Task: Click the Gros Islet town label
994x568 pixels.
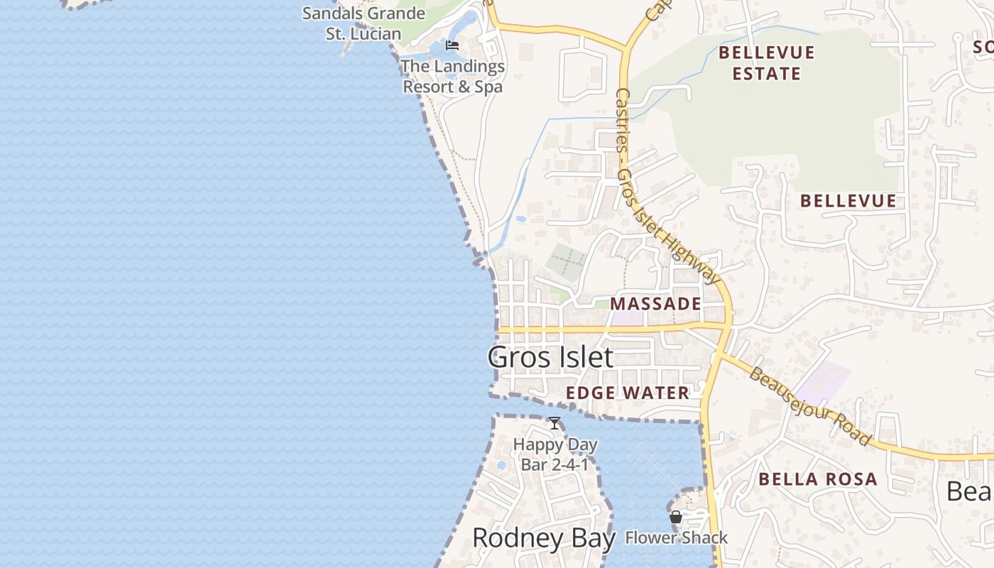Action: [550, 357]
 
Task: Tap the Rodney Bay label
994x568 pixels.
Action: [543, 538]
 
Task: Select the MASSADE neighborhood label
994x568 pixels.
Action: [655, 304]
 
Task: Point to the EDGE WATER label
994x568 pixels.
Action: [628, 393]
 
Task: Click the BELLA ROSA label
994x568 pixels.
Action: [818, 479]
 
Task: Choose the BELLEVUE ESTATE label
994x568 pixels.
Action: [766, 62]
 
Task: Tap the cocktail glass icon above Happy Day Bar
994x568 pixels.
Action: [555, 424]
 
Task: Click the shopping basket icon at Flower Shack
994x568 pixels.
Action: [676, 517]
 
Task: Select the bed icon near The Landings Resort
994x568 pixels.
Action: [452, 46]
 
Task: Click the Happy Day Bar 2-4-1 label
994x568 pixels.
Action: [555, 454]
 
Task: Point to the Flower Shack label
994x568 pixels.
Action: [676, 537]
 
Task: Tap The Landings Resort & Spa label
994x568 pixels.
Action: [453, 77]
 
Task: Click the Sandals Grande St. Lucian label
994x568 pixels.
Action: [364, 23]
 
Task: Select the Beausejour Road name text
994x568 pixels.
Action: [809, 406]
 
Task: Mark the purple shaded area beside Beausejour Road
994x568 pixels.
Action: [824, 383]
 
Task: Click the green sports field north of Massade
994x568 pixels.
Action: [566, 262]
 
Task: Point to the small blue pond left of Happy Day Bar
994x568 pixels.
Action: [501, 466]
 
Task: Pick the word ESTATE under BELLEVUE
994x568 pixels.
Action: [766, 73]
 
